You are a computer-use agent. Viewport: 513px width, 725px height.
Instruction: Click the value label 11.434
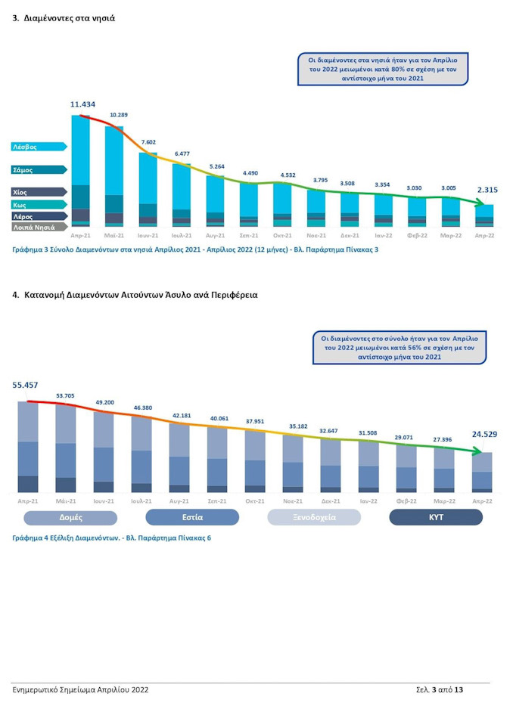coord(82,104)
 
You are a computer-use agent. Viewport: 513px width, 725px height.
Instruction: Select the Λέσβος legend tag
coord(39,147)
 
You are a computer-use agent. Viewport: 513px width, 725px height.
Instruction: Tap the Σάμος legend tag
coord(39,169)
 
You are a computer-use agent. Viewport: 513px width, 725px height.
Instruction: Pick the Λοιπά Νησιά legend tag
coord(39,227)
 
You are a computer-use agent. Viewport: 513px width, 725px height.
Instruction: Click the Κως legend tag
coord(39,204)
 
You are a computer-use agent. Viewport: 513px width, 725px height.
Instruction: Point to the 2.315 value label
coord(487,190)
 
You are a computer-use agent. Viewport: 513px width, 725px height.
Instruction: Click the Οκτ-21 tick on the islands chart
coord(282,235)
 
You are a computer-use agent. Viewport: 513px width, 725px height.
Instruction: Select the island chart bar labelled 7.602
coord(148,190)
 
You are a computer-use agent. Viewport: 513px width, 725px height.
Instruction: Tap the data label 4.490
coord(250,173)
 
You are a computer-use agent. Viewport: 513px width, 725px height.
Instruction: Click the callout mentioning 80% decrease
coord(383,70)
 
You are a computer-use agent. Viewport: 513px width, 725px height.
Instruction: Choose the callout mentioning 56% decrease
coord(400,348)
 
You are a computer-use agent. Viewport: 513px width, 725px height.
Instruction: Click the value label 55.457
coord(25,385)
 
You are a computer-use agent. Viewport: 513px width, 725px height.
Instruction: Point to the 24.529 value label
coord(484,434)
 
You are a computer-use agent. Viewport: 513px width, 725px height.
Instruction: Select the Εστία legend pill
coord(192,517)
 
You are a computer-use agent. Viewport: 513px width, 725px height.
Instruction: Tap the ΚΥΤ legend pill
coord(436,517)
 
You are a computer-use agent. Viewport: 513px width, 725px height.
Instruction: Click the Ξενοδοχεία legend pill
coord(314,517)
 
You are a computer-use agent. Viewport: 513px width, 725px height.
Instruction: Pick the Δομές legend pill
coord(71,517)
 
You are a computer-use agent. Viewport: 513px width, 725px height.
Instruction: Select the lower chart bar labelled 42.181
coord(179,457)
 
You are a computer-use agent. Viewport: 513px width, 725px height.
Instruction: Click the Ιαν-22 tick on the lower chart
coord(368,501)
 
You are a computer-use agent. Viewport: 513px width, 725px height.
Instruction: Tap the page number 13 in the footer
coord(459,690)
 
